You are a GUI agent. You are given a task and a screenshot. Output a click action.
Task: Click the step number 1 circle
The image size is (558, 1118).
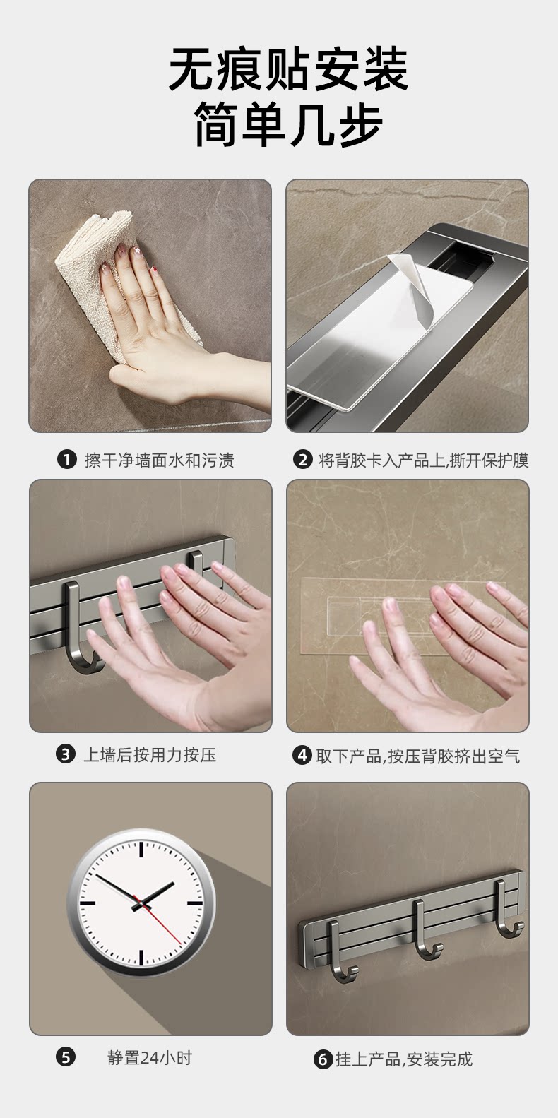tap(66, 460)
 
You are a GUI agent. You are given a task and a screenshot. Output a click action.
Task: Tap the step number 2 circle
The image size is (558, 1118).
tap(302, 460)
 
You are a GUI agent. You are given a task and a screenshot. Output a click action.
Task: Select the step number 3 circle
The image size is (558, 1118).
tap(66, 754)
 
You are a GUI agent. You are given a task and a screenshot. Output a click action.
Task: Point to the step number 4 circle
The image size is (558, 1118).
tap(302, 755)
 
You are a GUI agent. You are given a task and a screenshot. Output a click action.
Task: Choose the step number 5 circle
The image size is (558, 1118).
tap(66, 1057)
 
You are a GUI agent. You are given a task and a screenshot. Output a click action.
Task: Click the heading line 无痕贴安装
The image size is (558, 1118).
tap(288, 69)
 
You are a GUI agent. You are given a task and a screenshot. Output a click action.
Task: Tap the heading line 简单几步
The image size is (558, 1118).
tap(288, 124)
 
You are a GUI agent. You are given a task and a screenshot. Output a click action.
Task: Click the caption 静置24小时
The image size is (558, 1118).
tap(150, 1057)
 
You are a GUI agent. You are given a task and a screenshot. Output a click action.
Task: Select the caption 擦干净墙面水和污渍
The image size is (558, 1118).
tap(160, 460)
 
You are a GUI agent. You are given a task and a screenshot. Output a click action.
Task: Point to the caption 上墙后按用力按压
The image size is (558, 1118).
tap(150, 755)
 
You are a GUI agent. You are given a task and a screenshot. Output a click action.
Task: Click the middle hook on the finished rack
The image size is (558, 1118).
tap(425, 929)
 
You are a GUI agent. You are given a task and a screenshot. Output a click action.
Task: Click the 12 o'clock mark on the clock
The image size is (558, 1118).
tap(142, 850)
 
